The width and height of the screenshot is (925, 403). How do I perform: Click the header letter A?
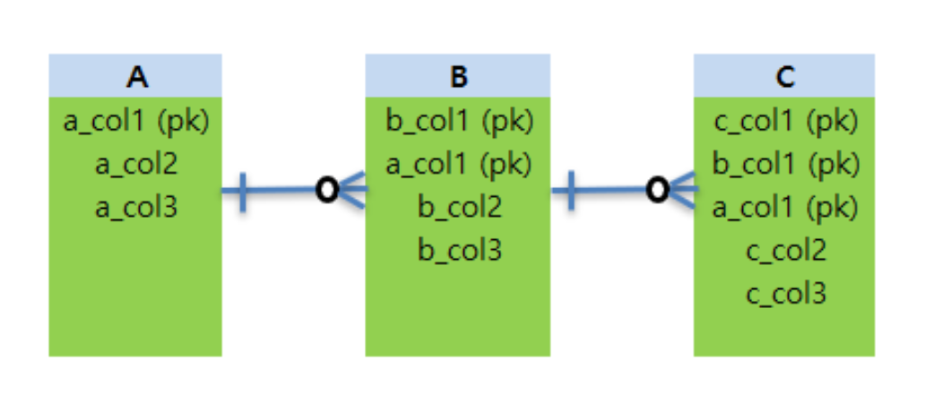[136, 77]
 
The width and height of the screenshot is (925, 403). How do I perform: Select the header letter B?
[458, 77]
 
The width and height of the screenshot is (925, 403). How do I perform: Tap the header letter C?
[785, 77]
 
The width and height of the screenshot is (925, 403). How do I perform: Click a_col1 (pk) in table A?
[136, 121]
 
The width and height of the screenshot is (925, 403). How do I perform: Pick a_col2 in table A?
[136, 164]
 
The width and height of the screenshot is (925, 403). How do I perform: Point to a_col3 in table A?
[136, 208]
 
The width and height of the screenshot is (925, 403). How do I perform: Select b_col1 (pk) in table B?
[459, 121]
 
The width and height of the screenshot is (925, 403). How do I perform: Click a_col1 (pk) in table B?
[459, 164]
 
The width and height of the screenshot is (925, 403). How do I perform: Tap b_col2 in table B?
[459, 208]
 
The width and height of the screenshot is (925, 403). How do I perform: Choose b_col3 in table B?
[459, 251]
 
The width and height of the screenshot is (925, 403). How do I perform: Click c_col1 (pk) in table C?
[786, 121]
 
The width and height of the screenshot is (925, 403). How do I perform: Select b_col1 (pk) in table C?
[786, 164]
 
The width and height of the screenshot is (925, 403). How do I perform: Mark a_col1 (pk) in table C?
[786, 208]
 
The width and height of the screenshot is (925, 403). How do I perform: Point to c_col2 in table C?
[786, 252]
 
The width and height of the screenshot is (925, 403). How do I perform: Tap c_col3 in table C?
[786, 295]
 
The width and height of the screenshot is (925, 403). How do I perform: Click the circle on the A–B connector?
[327, 190]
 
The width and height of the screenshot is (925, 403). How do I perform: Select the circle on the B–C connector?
[657, 190]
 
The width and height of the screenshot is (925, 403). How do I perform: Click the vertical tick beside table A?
[242, 190]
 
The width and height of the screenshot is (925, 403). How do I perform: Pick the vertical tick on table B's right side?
[571, 190]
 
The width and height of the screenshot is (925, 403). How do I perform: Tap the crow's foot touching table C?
[683, 190]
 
